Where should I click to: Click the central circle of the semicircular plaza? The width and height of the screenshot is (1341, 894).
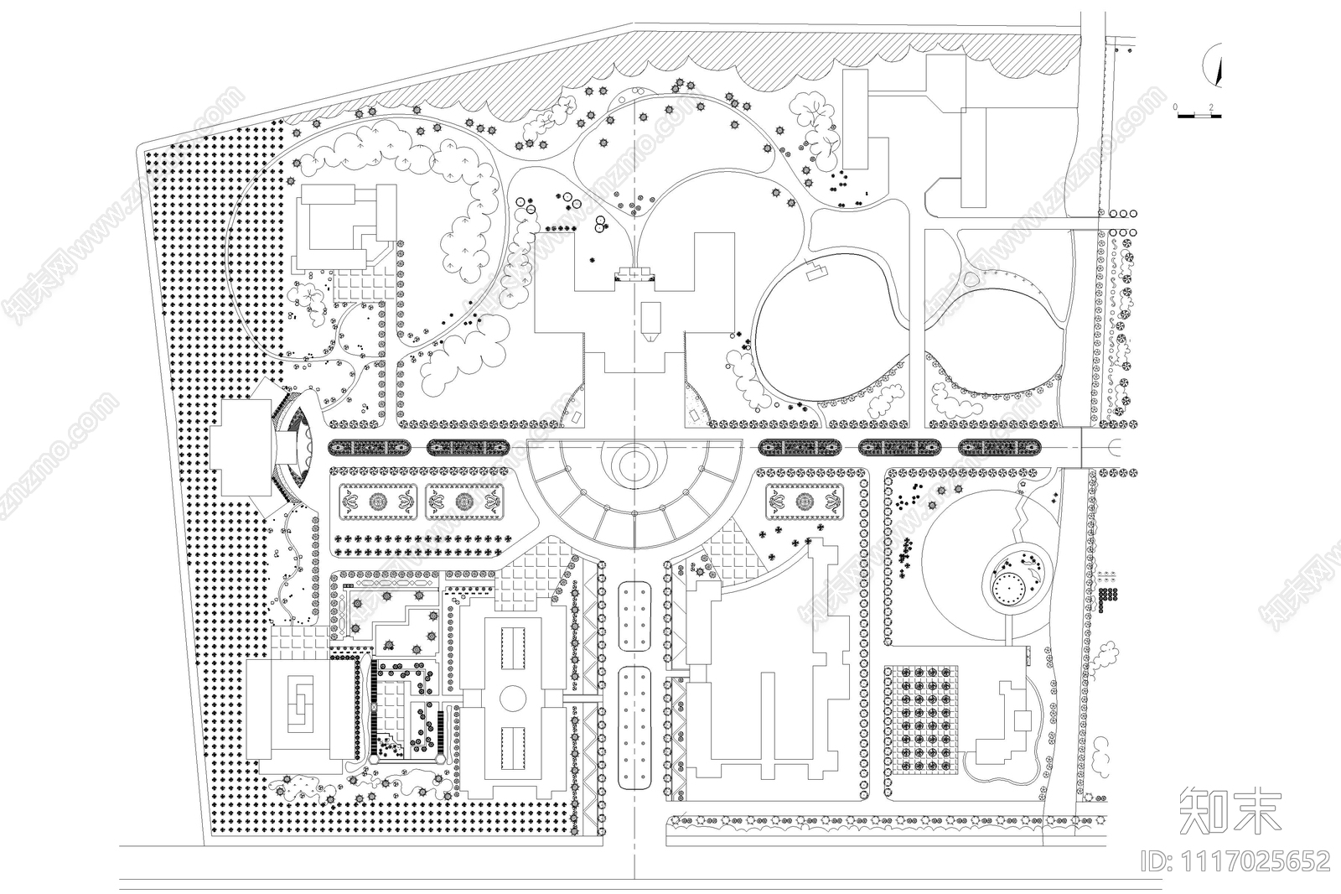(x=635, y=460)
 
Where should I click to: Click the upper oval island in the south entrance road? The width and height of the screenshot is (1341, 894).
(x=636, y=615)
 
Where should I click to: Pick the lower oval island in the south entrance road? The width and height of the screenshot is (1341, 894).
(x=636, y=727)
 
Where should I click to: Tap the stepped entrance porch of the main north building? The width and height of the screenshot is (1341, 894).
(x=634, y=273)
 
